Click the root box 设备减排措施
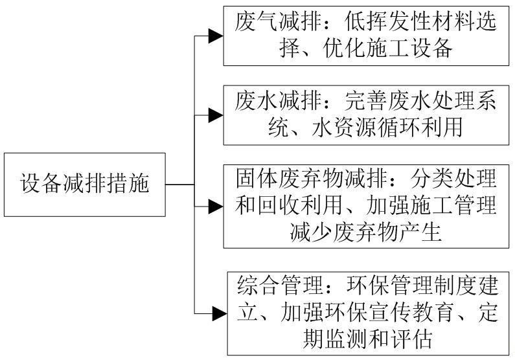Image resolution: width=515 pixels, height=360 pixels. click(x=84, y=185)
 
